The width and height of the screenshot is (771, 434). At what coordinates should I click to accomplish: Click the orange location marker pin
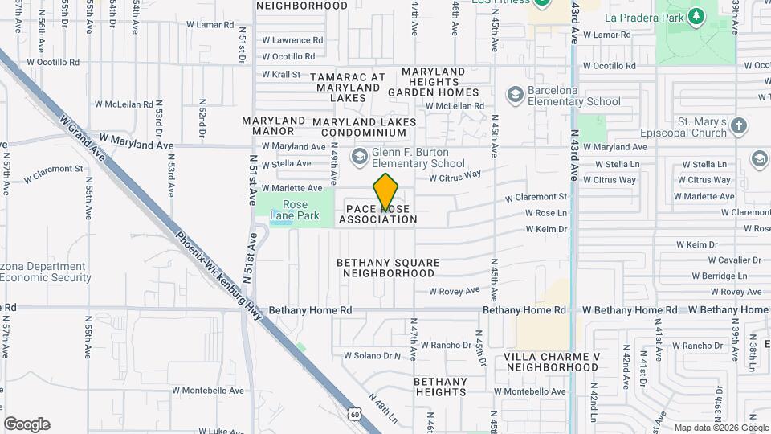[385, 193]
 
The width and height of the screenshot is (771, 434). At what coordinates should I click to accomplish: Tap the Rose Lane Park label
[296, 210]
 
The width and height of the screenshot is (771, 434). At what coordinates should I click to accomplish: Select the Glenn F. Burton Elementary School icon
[359, 154]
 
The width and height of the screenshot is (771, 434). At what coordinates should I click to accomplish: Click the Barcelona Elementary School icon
[515, 96]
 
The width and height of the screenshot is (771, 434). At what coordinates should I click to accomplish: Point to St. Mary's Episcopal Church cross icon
[738, 126]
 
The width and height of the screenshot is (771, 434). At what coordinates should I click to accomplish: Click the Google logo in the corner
[27, 424]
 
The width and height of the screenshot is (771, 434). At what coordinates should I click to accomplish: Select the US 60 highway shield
[355, 413]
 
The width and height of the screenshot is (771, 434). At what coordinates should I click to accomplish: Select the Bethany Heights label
[441, 387]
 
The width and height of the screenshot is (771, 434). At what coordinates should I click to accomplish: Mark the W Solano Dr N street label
[372, 355]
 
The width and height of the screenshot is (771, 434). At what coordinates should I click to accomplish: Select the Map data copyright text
[720, 428]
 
